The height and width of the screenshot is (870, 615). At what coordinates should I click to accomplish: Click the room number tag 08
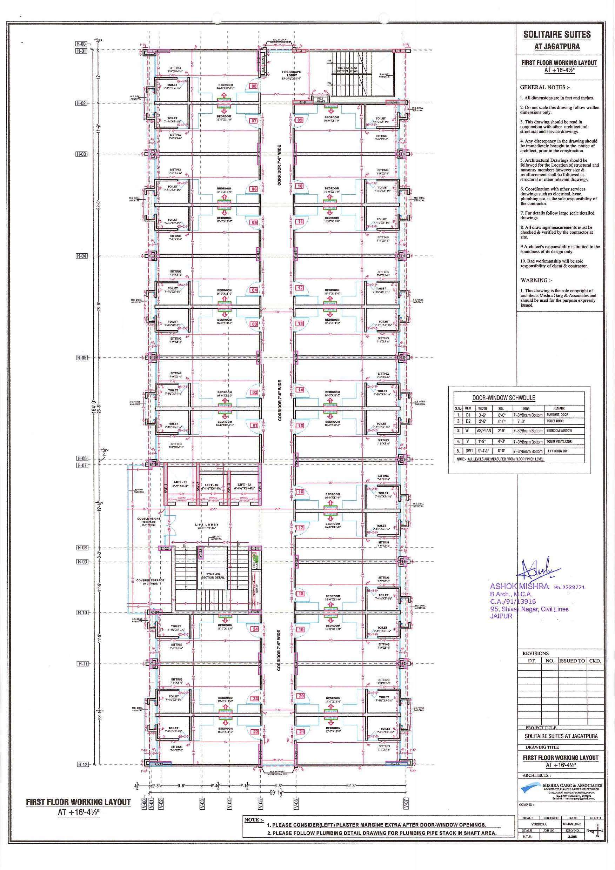coord(254,86)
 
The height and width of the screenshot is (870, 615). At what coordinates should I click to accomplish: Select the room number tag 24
coord(255,629)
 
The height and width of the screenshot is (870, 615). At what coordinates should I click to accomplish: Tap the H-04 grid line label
coord(82,256)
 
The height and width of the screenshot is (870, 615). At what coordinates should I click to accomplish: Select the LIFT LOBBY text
coord(207,525)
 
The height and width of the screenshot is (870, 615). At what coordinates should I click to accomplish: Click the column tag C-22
coord(165,548)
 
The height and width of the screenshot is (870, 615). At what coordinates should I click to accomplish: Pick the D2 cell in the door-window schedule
coord(468,421)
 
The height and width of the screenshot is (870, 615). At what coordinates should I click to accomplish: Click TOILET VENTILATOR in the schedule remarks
coord(559,441)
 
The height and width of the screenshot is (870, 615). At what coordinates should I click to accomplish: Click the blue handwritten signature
coord(540,570)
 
